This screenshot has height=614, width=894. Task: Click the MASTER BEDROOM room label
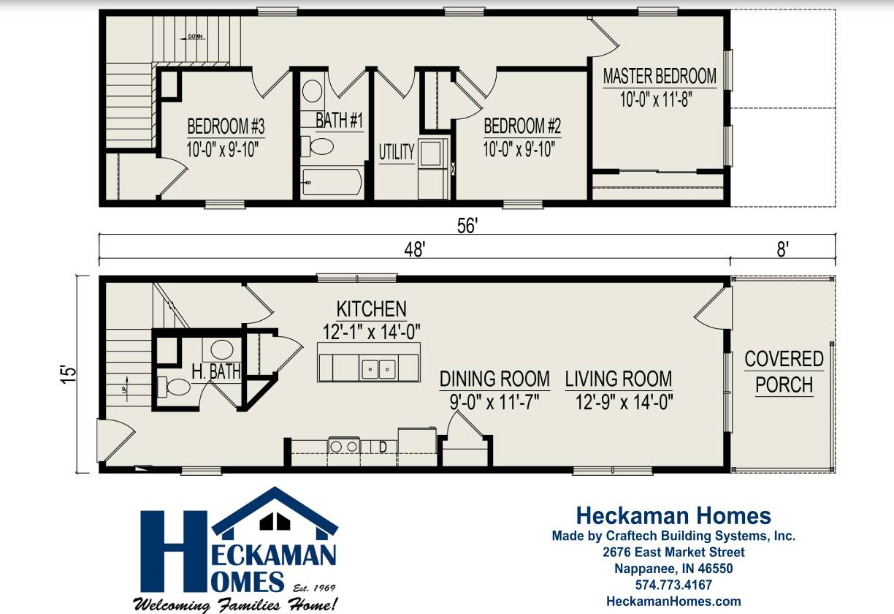pos(660,76)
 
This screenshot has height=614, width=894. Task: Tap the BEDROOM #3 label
pos(225,125)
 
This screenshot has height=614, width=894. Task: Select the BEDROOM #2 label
pos(522,125)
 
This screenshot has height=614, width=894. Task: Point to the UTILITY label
pos(397,152)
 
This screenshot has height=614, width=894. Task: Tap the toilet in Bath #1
pos(319,145)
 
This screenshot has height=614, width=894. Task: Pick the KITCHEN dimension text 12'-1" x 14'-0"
pos(372,331)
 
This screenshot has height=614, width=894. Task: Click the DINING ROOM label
pos(494,379)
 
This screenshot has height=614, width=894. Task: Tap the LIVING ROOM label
pos(619,379)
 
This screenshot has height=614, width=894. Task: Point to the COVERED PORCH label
pos(784,371)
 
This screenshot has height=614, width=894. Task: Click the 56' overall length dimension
pos(467,227)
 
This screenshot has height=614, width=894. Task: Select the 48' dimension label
pos(415,249)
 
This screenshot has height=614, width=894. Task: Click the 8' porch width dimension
pos(782,249)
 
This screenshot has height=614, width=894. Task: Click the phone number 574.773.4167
pos(673,585)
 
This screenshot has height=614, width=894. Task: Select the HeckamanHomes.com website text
pos(673,602)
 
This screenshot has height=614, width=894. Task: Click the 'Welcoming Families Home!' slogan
pos(235,604)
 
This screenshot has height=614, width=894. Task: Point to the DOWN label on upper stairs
pos(195,36)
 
